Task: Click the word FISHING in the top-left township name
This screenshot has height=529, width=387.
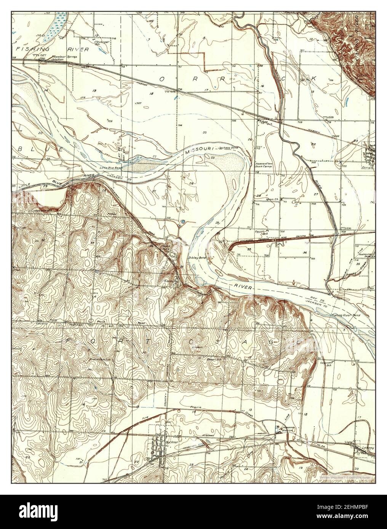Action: (31, 49)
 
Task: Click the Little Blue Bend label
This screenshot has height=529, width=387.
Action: (111, 167)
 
